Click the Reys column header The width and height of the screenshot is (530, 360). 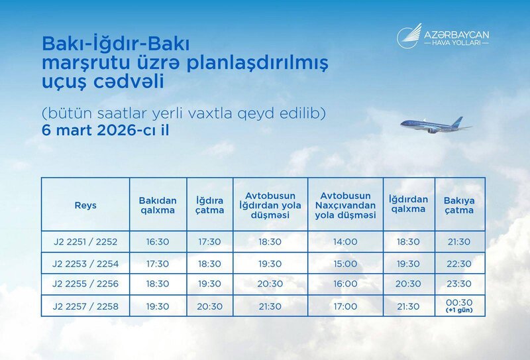[x=85, y=205]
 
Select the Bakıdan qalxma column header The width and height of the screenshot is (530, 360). [x=157, y=205]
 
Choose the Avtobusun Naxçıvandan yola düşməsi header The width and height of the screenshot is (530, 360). [x=345, y=206]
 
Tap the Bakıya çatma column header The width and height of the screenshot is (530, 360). [x=459, y=205]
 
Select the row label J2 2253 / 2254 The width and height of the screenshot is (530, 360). [x=85, y=263]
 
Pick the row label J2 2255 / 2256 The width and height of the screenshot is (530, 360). [x=85, y=284]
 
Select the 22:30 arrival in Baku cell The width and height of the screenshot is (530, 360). [x=459, y=263]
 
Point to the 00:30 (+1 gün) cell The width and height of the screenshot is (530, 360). [x=459, y=305]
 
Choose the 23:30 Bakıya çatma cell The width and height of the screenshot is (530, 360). [x=459, y=284]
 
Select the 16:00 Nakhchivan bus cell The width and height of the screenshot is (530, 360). [x=345, y=284]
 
